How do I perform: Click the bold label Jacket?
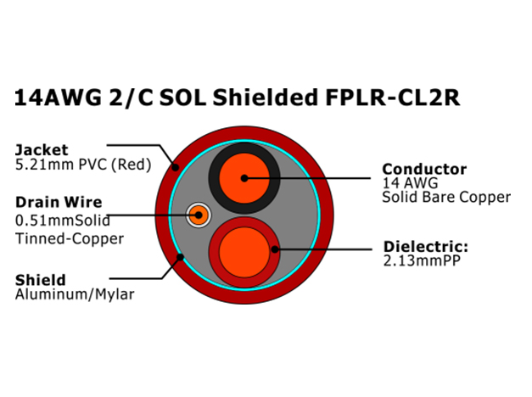(x=42, y=149)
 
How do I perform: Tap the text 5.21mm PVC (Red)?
(x=83, y=165)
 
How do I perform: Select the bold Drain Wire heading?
(x=59, y=202)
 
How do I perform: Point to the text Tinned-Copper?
(x=70, y=238)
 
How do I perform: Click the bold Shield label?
(x=41, y=280)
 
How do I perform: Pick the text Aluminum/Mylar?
(x=75, y=294)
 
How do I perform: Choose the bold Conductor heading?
(x=424, y=169)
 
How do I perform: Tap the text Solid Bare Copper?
(x=446, y=197)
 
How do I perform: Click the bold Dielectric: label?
(x=426, y=247)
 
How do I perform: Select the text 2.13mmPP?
(x=422, y=260)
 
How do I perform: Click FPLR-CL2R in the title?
(x=393, y=98)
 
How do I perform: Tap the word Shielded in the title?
(x=265, y=98)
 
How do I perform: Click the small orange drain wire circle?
(x=199, y=215)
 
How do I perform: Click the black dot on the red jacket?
(x=175, y=167)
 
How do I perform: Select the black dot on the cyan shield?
(x=180, y=257)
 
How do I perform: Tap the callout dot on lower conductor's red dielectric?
(x=275, y=249)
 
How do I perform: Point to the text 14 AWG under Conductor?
(x=410, y=183)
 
